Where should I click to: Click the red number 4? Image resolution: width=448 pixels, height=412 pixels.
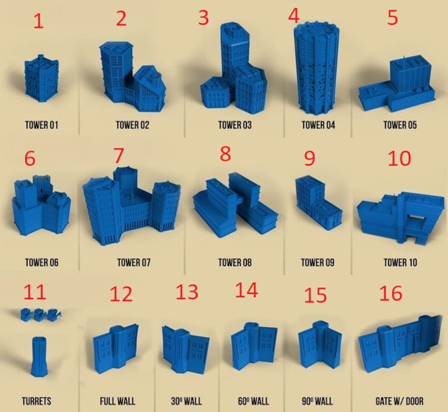point(294,16)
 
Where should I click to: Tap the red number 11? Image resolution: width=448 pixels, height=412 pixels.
point(34,292)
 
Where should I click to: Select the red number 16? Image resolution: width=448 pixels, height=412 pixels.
point(391,293)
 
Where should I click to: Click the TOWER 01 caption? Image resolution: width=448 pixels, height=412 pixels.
point(41,125)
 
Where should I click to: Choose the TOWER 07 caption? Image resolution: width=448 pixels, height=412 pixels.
point(134,262)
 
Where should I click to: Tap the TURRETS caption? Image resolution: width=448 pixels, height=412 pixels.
point(36,401)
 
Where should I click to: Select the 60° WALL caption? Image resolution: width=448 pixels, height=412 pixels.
point(253,401)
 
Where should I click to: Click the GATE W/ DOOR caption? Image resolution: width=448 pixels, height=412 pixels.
point(399,401)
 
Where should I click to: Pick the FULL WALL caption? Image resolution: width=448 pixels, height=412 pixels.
point(117,401)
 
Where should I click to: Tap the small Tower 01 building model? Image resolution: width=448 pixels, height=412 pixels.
point(41,78)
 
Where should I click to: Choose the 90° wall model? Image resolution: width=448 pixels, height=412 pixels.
point(320,346)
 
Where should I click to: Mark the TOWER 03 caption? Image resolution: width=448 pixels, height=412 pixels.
point(235,125)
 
